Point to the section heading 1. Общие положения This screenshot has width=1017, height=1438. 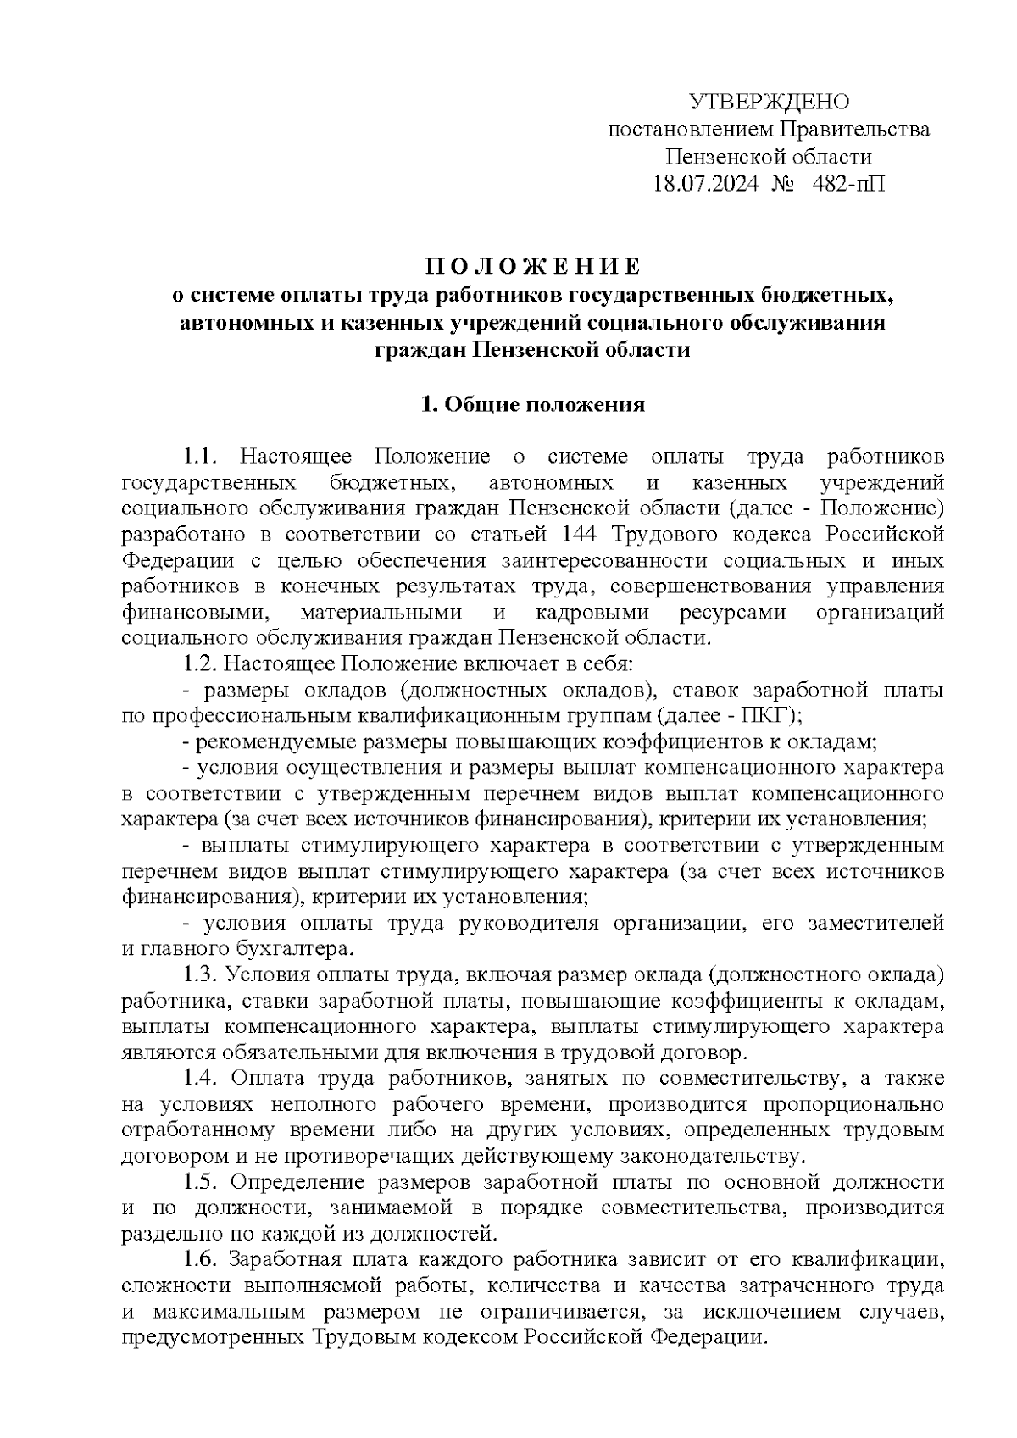[534, 404]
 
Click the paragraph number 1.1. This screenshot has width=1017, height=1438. [202, 457]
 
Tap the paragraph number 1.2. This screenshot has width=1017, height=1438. [201, 663]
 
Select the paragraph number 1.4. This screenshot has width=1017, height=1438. [202, 1079]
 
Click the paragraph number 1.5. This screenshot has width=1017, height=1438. [202, 1182]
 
